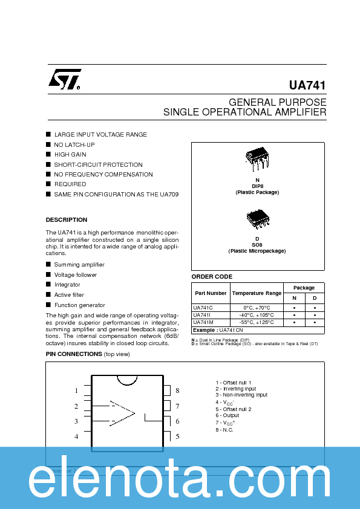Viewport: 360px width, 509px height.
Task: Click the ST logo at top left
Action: click(64, 79)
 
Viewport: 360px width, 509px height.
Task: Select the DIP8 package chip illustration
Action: click(257, 158)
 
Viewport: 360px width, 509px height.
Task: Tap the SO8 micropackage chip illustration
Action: click(257, 218)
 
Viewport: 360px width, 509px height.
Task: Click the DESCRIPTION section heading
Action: click(67, 220)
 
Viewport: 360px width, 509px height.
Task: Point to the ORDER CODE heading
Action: click(212, 276)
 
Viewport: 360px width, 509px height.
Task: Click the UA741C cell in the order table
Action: click(203, 307)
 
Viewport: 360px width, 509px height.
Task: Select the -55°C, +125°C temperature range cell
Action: click(257, 322)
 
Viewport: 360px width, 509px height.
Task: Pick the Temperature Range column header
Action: click(257, 293)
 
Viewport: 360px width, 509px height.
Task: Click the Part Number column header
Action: click(211, 293)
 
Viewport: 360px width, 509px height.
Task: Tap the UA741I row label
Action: click(202, 315)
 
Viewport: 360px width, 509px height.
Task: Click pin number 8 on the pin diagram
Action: click(177, 391)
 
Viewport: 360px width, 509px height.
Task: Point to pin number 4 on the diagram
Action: click(76, 436)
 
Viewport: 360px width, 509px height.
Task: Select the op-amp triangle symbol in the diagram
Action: click(122, 413)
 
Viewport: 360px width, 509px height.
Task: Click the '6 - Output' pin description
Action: click(227, 416)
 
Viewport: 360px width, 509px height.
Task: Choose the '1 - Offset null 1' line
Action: click(234, 383)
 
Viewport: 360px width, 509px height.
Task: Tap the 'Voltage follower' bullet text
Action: click(76, 275)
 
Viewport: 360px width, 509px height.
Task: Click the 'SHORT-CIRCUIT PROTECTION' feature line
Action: click(99, 164)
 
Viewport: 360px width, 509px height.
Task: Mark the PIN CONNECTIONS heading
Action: click(74, 354)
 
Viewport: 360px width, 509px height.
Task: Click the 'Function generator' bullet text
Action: click(79, 305)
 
